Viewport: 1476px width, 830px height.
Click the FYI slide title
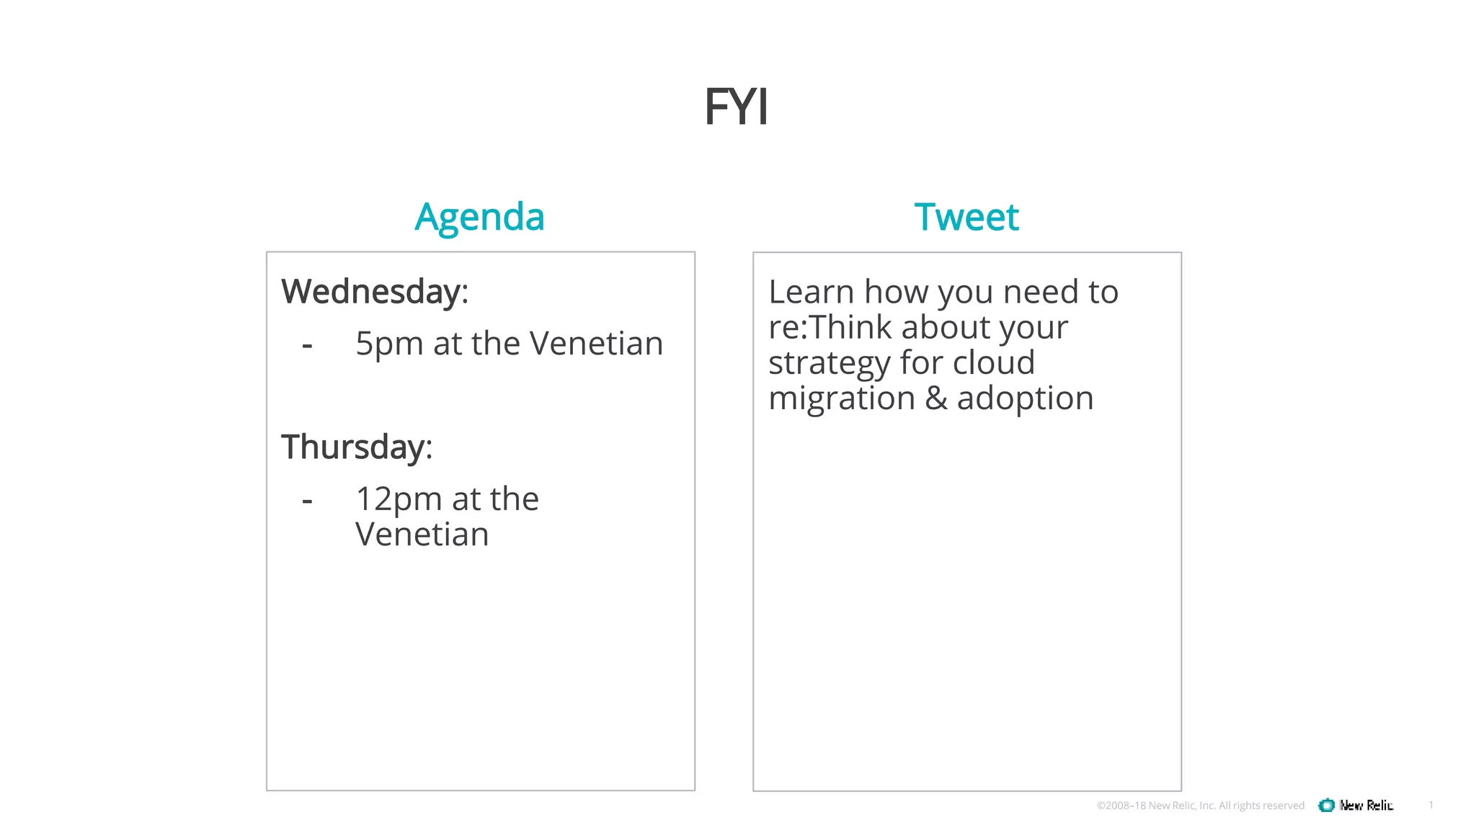(736, 107)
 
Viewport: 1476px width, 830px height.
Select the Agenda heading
(479, 217)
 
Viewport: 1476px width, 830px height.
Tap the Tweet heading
(966, 217)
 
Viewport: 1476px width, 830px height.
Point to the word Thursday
(353, 447)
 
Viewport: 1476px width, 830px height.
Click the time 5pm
(389, 344)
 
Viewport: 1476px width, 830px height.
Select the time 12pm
(399, 499)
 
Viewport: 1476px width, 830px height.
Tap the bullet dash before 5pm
(307, 345)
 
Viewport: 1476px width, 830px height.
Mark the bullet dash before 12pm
(307, 500)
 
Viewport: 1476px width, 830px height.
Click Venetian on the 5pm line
(596, 344)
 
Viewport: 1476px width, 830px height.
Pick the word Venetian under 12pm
(422, 535)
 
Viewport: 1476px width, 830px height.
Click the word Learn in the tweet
(811, 292)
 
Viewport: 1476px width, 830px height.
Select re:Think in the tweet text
(830, 327)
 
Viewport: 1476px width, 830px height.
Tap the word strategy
(830, 363)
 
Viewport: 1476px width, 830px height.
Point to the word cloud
(994, 362)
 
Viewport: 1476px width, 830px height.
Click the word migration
(841, 398)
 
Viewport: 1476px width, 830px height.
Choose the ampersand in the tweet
(935, 398)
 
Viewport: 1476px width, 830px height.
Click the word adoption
(1025, 398)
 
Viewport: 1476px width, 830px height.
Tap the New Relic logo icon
(1326, 806)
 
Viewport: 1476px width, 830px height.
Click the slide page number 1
(1431, 805)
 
